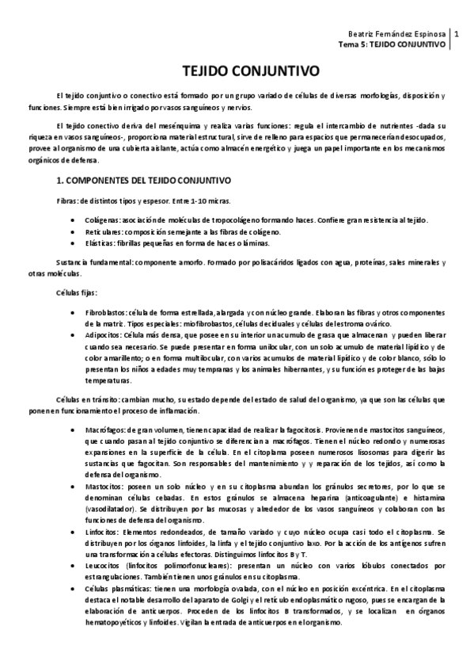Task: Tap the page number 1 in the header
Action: [x=465, y=33]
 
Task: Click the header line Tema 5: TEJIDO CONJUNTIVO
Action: [x=392, y=44]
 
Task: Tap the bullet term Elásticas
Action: [x=102, y=245]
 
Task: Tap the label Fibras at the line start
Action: [x=67, y=200]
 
